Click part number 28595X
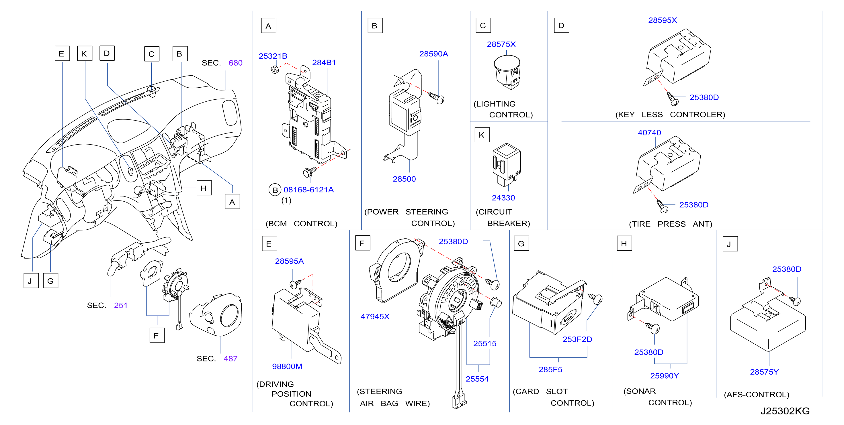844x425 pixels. pos(662,20)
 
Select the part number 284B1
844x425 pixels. pos(324,62)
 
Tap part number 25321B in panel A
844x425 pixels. pos(273,56)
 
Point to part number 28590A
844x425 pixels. pos(433,54)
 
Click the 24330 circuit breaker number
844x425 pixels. pos(503,198)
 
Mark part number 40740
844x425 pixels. pos(649,133)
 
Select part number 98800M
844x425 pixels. pos(287,366)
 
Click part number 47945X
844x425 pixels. pos(375,317)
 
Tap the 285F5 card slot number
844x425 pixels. pos(550,370)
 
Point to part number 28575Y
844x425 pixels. pos(764,372)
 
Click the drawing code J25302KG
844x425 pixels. pos(785,411)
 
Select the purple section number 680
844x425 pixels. pos(235,63)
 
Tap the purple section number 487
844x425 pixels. pos(230,359)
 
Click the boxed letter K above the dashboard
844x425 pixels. pos(85,53)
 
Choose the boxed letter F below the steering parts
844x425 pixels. pos(157,335)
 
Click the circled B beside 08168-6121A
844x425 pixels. pos(275,190)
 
